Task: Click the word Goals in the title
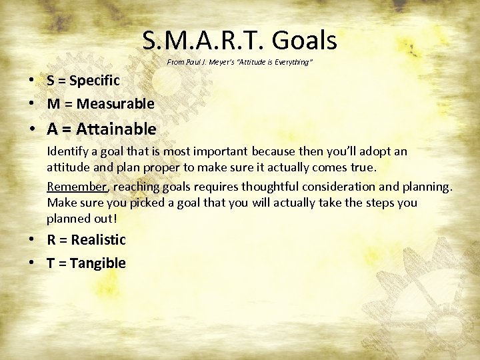click(303, 41)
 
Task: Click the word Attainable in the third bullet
click(117, 129)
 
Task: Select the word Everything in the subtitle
click(291, 62)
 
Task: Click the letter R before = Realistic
click(51, 240)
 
